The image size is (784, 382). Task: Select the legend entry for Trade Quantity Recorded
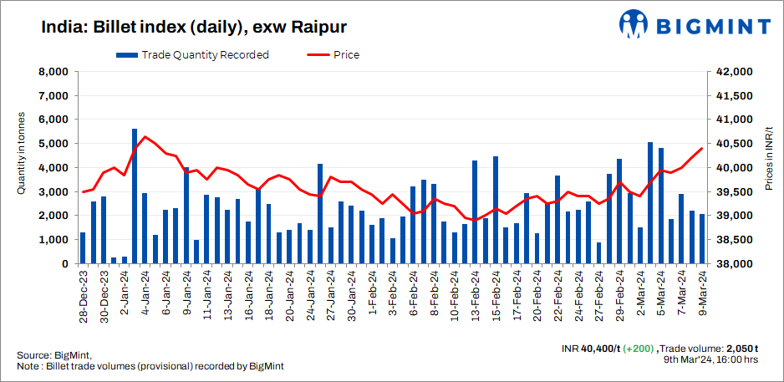[x=192, y=55]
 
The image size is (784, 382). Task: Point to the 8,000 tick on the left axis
[x=53, y=72]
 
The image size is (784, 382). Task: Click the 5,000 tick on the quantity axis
[x=53, y=144]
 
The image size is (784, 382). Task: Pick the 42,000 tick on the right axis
[x=732, y=72]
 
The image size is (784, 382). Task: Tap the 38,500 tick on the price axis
[x=732, y=240]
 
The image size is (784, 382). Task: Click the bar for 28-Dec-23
[x=83, y=247]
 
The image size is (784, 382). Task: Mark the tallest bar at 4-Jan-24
[x=135, y=196]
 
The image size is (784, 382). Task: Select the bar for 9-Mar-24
[x=702, y=238]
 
